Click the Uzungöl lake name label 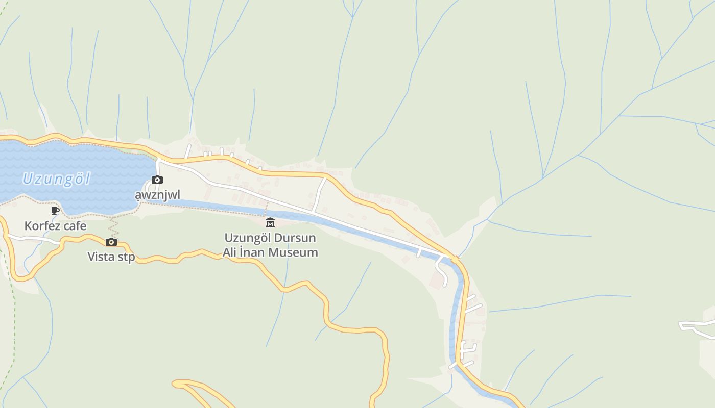(x=56, y=179)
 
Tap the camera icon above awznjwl (x=157, y=180)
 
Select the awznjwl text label (x=157, y=195)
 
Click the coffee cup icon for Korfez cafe (x=55, y=211)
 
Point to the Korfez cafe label (x=55, y=226)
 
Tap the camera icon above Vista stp (x=111, y=242)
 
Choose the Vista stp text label (x=111, y=257)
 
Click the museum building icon (x=270, y=222)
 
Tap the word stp (x=126, y=257)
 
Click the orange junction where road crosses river (x=455, y=260)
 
